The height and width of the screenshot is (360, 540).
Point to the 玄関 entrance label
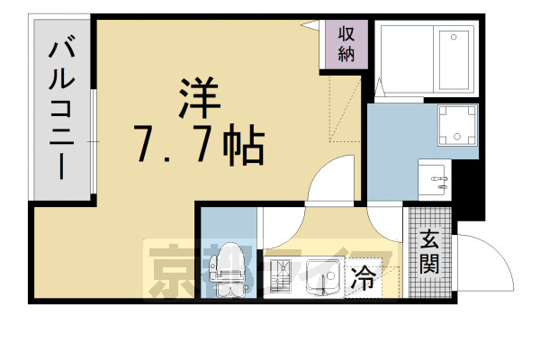click(428, 254)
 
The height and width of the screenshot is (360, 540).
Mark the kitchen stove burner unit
click(282, 278)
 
